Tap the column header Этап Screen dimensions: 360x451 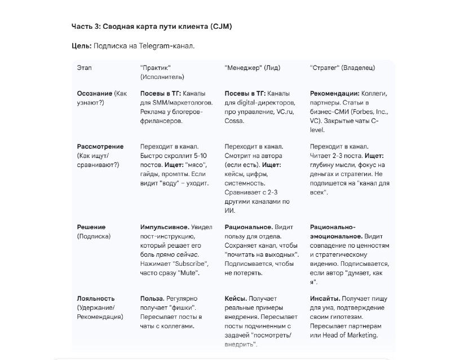pyautogui.click(x=84, y=68)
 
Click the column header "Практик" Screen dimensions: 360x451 pyautogui.click(x=156, y=68)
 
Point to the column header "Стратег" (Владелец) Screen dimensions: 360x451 pyautogui.click(x=342, y=68)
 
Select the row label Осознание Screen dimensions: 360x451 pyautogui.click(x=94, y=93)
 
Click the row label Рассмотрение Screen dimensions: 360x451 pyautogui.click(x=100, y=146)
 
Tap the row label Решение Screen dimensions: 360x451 pyautogui.click(x=91, y=227)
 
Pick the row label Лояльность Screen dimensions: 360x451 pyautogui.click(x=96, y=298)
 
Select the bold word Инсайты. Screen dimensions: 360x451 pyautogui.click(x=325, y=298)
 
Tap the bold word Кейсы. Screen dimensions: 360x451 pyautogui.click(x=235, y=298)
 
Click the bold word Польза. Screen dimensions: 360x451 pyautogui.click(x=152, y=298)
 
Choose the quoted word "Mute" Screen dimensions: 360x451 pyautogui.click(x=189, y=273)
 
